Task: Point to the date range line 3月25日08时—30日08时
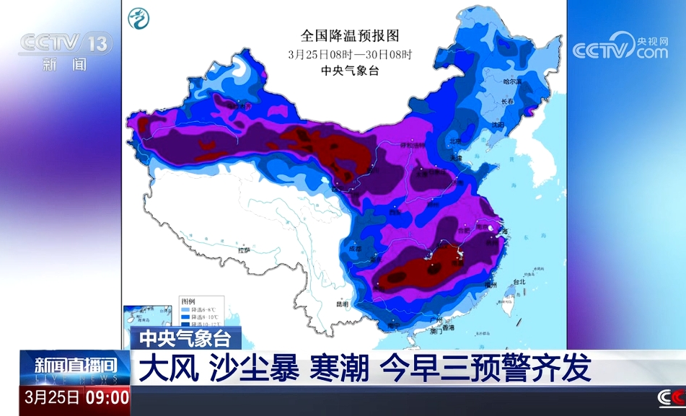tap(349, 54)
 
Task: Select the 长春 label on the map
tap(508, 102)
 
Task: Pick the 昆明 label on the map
tap(342, 304)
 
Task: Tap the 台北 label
tap(519, 282)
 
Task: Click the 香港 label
tap(448, 328)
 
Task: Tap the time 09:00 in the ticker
tap(108, 397)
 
